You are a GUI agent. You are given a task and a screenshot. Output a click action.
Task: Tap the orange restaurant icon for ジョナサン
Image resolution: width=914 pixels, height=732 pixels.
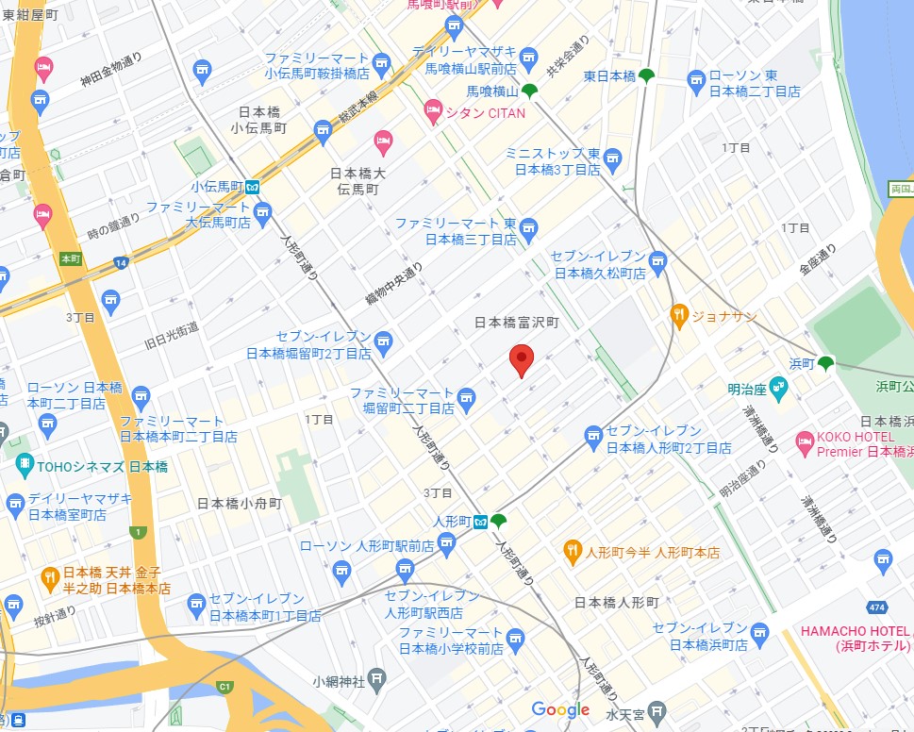click(x=678, y=315)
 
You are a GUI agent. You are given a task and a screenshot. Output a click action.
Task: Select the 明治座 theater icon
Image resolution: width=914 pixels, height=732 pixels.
click(x=778, y=385)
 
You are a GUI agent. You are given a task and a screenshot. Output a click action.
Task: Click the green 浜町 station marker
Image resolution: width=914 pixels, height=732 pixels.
click(x=825, y=362)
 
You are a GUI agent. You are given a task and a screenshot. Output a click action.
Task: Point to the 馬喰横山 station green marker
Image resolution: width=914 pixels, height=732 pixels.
click(x=530, y=91)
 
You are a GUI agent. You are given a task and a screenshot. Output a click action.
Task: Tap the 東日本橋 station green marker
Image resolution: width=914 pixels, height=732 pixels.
click(x=646, y=75)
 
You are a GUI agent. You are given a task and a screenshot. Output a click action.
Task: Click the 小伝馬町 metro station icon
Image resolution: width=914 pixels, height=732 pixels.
click(x=255, y=187)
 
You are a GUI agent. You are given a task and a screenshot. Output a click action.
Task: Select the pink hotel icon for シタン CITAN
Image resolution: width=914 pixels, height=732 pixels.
click(x=433, y=113)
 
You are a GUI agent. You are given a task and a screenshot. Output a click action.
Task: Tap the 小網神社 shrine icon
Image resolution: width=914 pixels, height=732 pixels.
click(x=376, y=679)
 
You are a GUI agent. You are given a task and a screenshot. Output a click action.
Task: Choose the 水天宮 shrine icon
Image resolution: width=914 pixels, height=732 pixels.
click(x=657, y=709)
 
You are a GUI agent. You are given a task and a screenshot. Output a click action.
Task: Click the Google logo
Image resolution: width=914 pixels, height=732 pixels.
click(x=560, y=709)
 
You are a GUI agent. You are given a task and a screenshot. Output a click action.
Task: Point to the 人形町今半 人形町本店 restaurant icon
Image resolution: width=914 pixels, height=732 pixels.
click(x=573, y=551)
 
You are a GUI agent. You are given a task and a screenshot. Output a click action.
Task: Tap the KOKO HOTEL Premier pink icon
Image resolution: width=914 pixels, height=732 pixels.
click(x=805, y=441)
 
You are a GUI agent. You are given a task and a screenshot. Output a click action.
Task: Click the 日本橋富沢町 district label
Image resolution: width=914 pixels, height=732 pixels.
click(x=517, y=323)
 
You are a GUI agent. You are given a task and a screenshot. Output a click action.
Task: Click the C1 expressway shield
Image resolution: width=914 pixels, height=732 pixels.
click(x=224, y=686)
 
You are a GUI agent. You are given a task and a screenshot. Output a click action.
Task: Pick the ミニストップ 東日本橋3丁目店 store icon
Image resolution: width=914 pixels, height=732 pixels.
click(x=613, y=155)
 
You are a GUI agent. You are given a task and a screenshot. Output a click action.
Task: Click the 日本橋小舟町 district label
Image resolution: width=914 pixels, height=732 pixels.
click(x=240, y=504)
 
